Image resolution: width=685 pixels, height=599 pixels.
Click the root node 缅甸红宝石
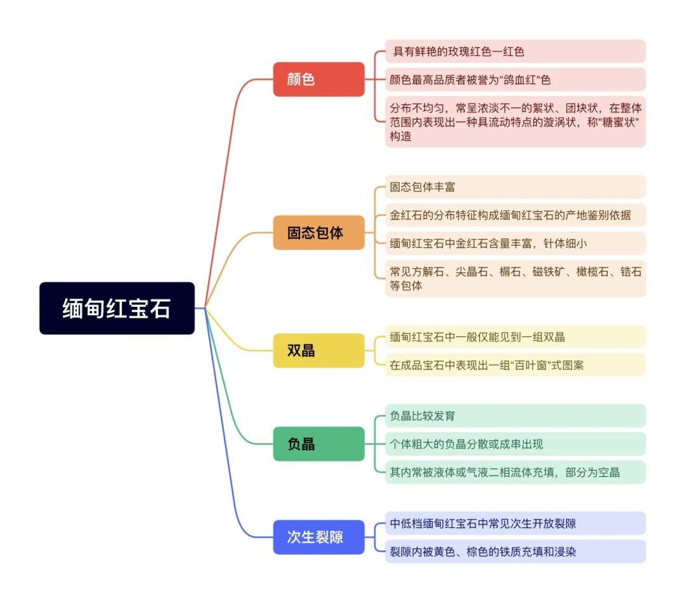click(x=117, y=308)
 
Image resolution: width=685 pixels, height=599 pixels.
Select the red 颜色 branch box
click(x=319, y=79)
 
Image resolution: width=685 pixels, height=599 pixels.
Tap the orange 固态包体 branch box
click(x=319, y=233)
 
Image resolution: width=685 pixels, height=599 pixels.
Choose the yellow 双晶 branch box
click(x=319, y=351)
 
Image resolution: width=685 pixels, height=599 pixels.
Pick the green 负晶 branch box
click(x=319, y=444)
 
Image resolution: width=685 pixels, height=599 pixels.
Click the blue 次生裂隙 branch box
click(x=319, y=538)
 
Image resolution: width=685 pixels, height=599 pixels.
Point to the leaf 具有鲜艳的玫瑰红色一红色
click(x=516, y=51)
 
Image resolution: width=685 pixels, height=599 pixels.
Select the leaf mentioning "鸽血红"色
click(x=516, y=79)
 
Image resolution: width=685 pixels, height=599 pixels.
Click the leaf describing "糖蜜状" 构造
click(x=516, y=122)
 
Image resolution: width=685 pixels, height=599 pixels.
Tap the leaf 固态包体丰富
click(x=516, y=187)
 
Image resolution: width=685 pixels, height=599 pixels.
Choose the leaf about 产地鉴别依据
click(x=516, y=215)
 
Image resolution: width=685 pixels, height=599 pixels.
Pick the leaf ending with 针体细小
click(x=516, y=243)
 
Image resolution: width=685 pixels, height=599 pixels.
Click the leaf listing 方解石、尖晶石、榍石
click(x=516, y=278)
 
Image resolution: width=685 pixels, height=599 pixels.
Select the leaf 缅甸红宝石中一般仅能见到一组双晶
click(x=516, y=337)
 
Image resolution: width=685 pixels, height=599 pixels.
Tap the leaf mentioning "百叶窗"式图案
click(x=516, y=365)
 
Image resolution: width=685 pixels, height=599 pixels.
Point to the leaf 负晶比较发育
click(x=516, y=416)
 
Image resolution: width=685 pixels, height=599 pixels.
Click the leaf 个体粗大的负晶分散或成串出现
click(x=516, y=444)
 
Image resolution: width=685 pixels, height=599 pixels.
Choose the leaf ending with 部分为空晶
click(x=516, y=472)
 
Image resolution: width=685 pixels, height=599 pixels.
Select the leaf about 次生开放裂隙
click(x=516, y=523)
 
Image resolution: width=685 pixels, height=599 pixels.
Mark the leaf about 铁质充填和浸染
click(x=516, y=551)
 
